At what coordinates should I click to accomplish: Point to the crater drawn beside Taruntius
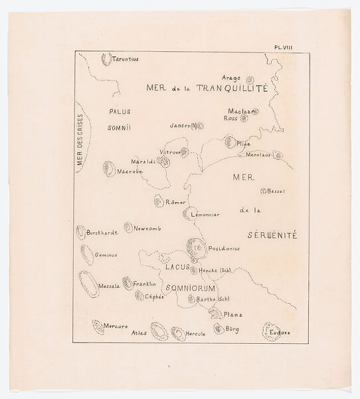(x=106, y=58)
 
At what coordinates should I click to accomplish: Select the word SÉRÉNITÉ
(x=272, y=235)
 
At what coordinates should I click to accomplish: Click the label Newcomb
(x=147, y=228)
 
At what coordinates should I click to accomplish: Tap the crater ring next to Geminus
(x=84, y=253)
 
